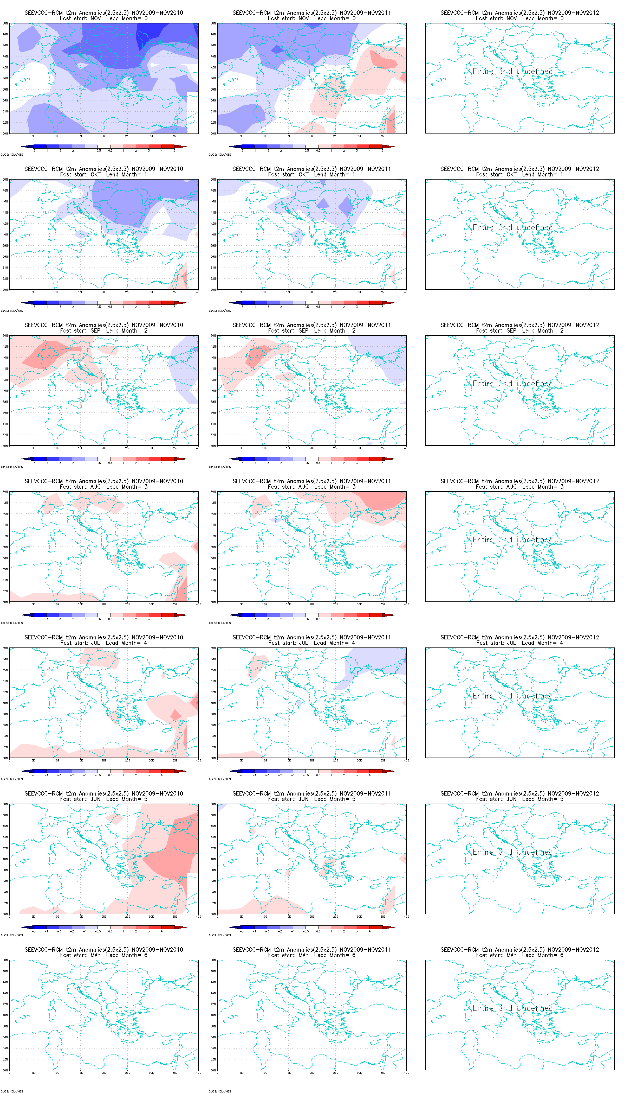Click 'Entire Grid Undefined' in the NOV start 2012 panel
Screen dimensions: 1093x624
[512, 71]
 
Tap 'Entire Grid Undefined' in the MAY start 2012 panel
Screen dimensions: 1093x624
[512, 1008]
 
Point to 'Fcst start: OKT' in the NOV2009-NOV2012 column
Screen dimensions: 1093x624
[496, 175]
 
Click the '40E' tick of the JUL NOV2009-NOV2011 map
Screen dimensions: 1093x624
[406, 761]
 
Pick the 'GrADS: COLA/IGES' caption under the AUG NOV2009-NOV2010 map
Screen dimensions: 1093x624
[12, 623]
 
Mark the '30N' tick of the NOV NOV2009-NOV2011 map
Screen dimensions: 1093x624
[213, 134]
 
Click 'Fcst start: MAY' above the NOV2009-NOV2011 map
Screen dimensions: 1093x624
[288, 955]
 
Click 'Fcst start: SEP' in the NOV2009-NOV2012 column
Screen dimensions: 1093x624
[496, 331]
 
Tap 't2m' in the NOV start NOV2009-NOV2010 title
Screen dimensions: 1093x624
[71, 13]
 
